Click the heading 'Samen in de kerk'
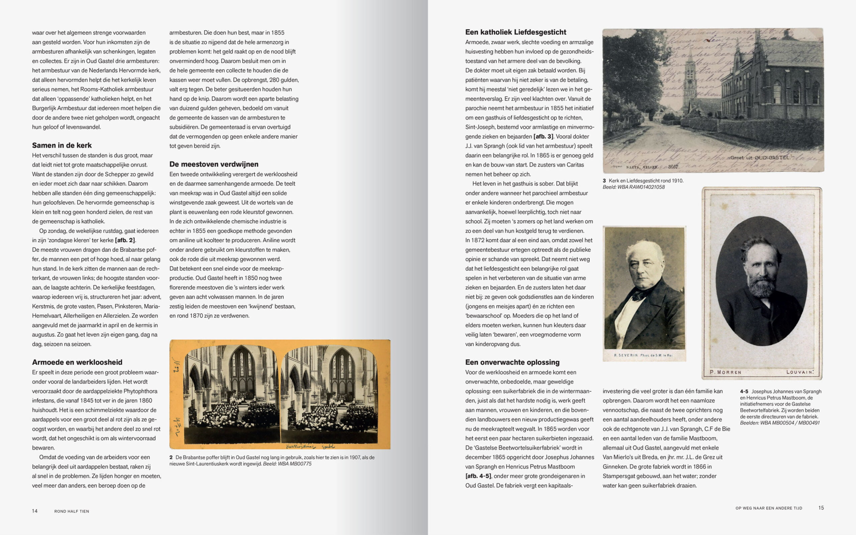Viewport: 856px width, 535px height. pyautogui.click(x=62, y=145)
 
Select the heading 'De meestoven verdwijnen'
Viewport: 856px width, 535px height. pyautogui.click(x=214, y=164)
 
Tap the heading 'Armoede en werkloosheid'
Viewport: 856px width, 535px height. pyautogui.click(x=77, y=362)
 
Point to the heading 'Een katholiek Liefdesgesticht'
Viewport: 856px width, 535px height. pyautogui.click(x=516, y=32)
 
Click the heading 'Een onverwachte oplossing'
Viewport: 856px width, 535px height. pyautogui.click(x=512, y=362)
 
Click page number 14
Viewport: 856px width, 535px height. pyautogui.click(x=35, y=511)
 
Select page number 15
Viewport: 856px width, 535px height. pyautogui.click(x=821, y=508)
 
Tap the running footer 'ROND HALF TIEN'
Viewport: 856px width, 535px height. pyautogui.click(x=72, y=511)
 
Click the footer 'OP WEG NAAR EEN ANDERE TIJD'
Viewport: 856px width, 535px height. pyautogui.click(x=769, y=508)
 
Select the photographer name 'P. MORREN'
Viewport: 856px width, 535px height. pyautogui.click(x=725, y=372)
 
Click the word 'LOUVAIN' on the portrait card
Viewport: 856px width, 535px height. pyautogui.click(x=800, y=372)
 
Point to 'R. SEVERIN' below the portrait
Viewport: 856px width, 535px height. pyautogui.click(x=626, y=355)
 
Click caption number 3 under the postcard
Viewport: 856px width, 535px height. pyautogui.click(x=604, y=181)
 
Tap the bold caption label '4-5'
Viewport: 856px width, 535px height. pyautogui.click(x=744, y=391)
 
